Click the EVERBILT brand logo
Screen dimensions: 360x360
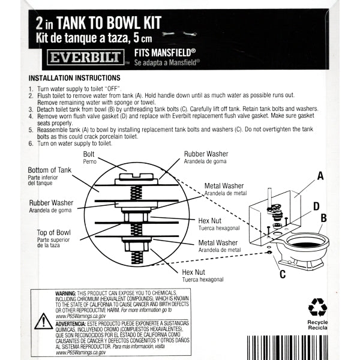pyautogui.click(x=85, y=58)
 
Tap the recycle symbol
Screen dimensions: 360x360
pyautogui.click(x=317, y=308)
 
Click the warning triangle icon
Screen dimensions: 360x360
pyautogui.click(x=43, y=322)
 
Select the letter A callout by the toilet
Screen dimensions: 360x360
pyautogui.click(x=320, y=176)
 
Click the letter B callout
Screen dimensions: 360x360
pyautogui.click(x=323, y=218)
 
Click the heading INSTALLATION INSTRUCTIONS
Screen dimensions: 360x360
pyautogui.click(x=74, y=78)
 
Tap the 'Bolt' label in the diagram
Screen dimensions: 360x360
pyautogui.click(x=88, y=155)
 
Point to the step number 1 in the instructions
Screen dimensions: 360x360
pyautogui.click(x=31, y=89)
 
